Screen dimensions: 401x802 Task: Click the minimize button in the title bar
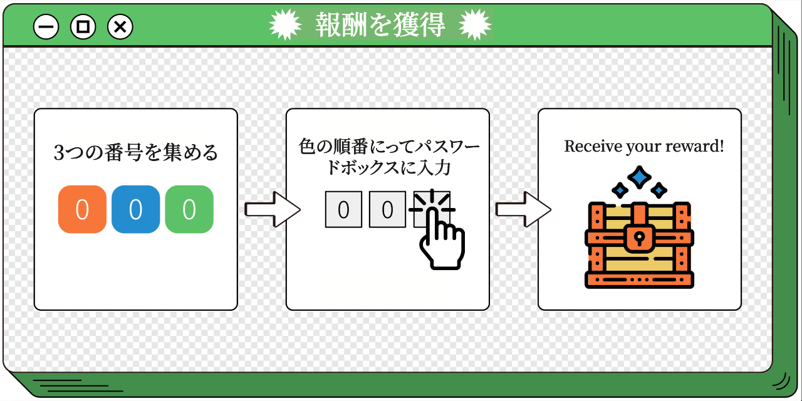(46, 27)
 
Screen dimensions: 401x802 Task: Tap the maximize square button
(83, 27)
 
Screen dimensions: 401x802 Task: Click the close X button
(120, 27)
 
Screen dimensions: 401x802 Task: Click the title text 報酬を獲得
(380, 25)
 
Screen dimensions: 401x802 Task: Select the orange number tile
(82, 209)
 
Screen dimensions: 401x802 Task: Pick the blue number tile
(135, 209)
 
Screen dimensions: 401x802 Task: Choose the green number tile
(189, 209)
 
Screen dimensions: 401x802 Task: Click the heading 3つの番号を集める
(136, 153)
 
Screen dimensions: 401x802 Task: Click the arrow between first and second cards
(271, 209)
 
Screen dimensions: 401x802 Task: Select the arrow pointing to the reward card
(523, 209)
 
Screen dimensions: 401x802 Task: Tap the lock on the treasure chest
(638, 234)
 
